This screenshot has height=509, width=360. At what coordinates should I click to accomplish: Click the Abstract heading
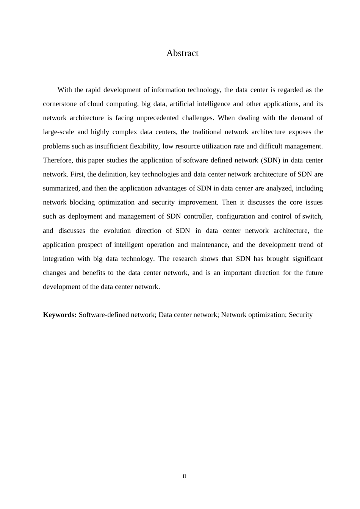(182, 53)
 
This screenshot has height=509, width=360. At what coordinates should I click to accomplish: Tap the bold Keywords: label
(60, 315)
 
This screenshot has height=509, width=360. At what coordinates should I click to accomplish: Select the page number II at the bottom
(185, 476)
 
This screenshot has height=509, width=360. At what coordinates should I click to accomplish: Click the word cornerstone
(60, 104)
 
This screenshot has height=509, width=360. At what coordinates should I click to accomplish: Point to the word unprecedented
(157, 118)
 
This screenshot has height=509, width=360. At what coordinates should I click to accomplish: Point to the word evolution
(117, 231)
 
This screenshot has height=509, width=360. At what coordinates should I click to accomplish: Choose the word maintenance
(210, 245)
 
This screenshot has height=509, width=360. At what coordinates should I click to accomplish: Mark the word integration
(58, 259)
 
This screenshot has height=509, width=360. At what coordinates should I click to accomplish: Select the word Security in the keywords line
(301, 315)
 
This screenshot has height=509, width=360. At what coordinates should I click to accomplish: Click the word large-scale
(58, 132)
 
